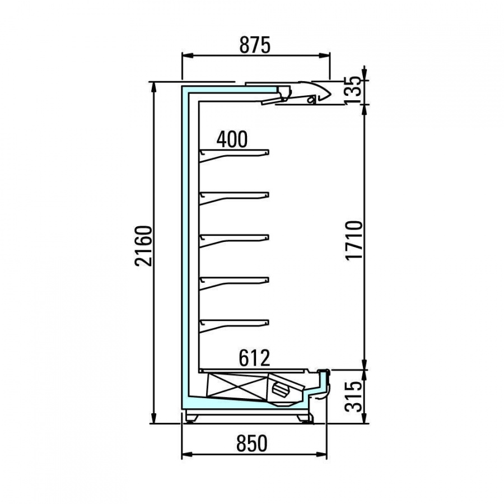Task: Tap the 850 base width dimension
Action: [251, 444]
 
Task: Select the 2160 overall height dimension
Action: [143, 246]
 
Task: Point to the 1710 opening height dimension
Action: [354, 240]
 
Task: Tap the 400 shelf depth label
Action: [232, 139]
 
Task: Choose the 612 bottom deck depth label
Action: [254, 358]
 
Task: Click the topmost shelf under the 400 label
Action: [234, 155]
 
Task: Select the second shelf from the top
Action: [234, 198]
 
